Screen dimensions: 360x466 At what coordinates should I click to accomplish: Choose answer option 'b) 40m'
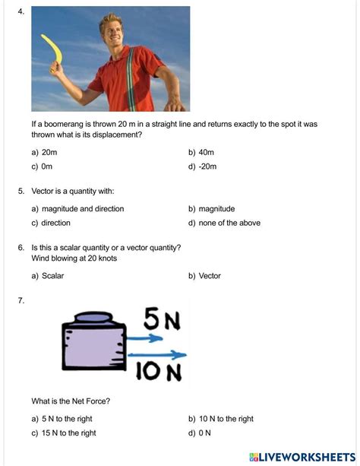coord(202,152)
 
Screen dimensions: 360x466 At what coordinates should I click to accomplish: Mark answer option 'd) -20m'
coord(203,166)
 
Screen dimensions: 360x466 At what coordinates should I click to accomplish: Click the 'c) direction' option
coord(51,223)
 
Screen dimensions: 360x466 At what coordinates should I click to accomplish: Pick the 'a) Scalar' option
coord(48,276)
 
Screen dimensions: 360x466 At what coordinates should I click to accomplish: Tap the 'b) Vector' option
coord(204,276)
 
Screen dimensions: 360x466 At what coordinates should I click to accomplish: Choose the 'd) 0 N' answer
coord(200,433)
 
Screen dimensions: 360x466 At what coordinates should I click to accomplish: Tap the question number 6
coord(21,248)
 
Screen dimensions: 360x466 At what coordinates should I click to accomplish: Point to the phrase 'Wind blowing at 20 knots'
coord(74,258)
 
